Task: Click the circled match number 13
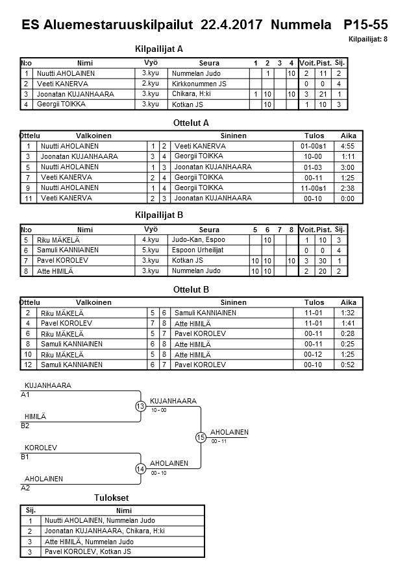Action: click(140, 406)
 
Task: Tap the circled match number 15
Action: click(201, 437)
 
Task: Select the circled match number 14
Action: click(140, 468)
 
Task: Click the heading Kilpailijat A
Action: click(159, 49)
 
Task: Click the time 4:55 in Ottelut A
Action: click(349, 146)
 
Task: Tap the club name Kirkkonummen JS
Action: click(199, 84)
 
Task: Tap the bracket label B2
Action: click(25, 426)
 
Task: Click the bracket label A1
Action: click(25, 394)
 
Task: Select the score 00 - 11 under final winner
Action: click(219, 441)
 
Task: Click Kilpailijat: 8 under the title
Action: click(367, 40)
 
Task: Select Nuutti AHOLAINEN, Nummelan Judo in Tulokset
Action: click(100, 520)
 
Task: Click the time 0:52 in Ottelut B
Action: click(349, 365)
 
